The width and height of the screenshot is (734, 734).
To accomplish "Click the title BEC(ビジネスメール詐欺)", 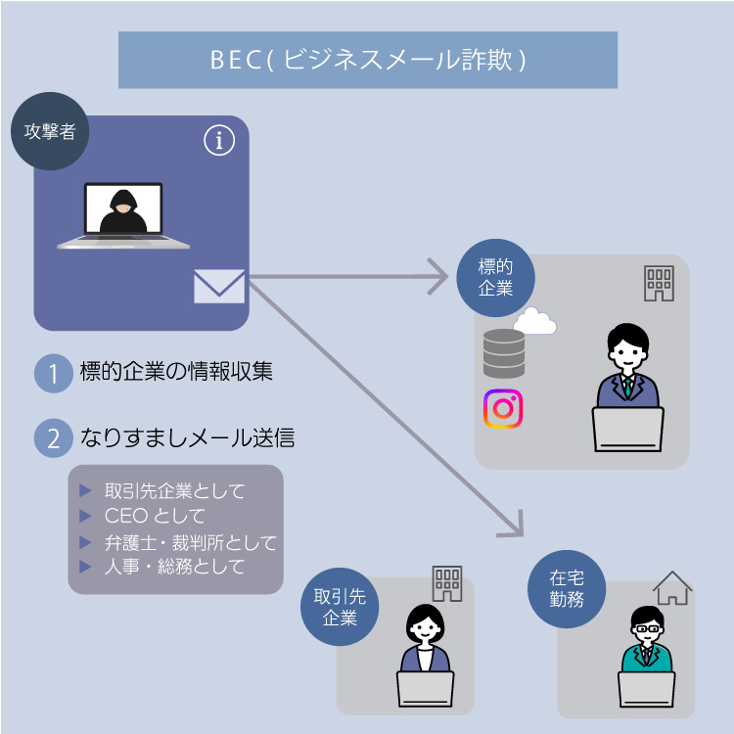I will pos(368,60).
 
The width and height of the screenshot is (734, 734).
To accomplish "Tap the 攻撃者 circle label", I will pos(50,130).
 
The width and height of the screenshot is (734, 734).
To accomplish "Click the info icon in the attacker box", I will pos(219,141).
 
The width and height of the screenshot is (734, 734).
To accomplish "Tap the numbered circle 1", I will pos(54,373).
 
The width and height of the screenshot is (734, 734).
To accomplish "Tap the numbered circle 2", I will pos(54,437).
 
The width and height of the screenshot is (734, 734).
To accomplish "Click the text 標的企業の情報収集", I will pos(176,372).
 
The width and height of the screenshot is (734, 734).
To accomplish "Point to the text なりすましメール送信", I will pos(188,437).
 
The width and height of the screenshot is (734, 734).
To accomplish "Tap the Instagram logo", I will pos(503,408).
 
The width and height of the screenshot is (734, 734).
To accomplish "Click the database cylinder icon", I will pos(504,353).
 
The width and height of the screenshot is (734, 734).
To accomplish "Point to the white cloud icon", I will pos(534,321).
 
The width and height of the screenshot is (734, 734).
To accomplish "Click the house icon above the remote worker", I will pos(672,588).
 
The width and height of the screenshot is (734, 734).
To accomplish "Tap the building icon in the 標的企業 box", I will pos(659,283).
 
